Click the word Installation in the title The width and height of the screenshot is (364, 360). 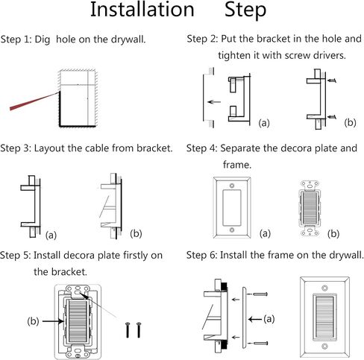pos(142,10)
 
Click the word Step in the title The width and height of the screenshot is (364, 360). pos(245,10)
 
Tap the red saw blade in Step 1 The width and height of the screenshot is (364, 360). pos(34,101)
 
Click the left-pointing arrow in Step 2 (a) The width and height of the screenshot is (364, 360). pos(214,102)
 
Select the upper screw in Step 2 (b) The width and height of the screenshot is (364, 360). pos(332,80)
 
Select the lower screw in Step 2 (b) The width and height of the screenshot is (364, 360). pos(332,117)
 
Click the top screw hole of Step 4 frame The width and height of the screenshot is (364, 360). pos(232,186)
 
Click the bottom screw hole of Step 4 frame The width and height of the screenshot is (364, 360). pos(232,230)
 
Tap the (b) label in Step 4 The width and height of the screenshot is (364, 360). pos(333,234)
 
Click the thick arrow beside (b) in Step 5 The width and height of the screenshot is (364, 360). pos(53,321)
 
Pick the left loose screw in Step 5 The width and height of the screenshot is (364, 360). pos(128,330)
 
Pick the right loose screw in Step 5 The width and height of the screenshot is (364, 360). pos(139,330)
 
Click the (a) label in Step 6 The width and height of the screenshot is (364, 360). pos(269,319)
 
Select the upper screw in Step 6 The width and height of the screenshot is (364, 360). pos(260,294)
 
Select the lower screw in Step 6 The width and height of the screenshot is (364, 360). pos(260,343)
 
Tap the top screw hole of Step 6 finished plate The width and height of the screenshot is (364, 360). pos(324,288)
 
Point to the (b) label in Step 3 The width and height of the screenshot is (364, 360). pos(136,234)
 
